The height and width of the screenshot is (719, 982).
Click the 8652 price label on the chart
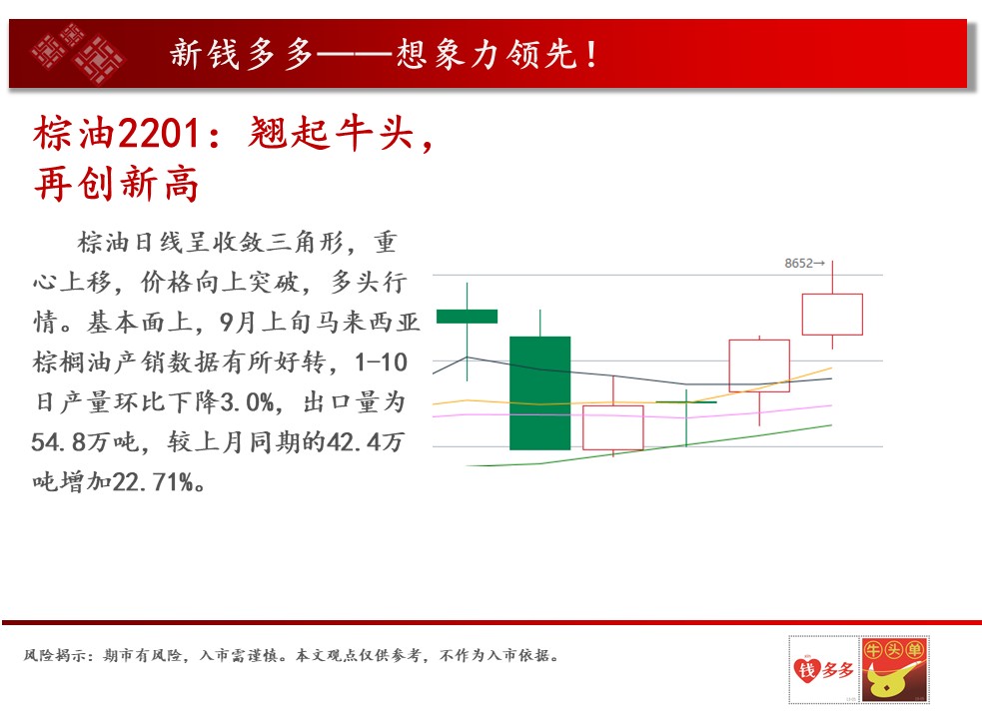799,263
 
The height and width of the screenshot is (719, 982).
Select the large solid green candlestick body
539,392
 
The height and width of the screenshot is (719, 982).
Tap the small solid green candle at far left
468,317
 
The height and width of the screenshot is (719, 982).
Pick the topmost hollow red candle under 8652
832,315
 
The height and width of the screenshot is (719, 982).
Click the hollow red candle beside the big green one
613,427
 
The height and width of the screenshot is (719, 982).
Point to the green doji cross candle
686,402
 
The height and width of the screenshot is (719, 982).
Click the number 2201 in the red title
159,134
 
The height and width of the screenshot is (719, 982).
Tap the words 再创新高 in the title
117,184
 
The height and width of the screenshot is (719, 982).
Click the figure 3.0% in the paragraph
248,402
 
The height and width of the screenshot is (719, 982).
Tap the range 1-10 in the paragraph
381,362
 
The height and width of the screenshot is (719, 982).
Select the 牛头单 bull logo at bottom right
894,669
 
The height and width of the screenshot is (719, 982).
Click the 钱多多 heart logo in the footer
823,669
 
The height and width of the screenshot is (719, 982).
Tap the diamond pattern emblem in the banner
78,53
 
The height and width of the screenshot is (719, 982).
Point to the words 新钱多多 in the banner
241,54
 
